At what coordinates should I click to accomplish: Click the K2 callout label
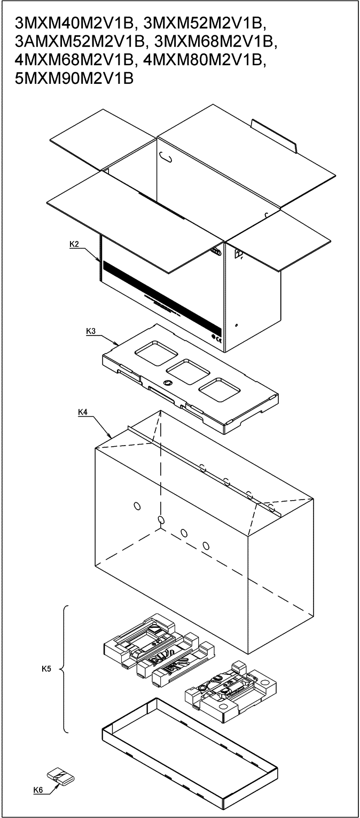74,244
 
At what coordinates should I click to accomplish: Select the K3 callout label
91,331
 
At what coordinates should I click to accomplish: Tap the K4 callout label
83,412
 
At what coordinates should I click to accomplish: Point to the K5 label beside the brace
46,668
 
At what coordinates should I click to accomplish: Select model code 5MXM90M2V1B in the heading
74,78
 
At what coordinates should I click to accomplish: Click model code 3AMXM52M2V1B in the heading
79,42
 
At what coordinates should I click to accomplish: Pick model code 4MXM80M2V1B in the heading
205,60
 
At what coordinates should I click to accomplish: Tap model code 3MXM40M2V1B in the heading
73,24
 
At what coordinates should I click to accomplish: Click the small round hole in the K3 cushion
168,383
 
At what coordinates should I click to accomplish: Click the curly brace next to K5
63,669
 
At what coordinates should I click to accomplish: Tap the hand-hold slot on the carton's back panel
167,158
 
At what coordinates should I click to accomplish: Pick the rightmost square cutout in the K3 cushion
220,391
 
